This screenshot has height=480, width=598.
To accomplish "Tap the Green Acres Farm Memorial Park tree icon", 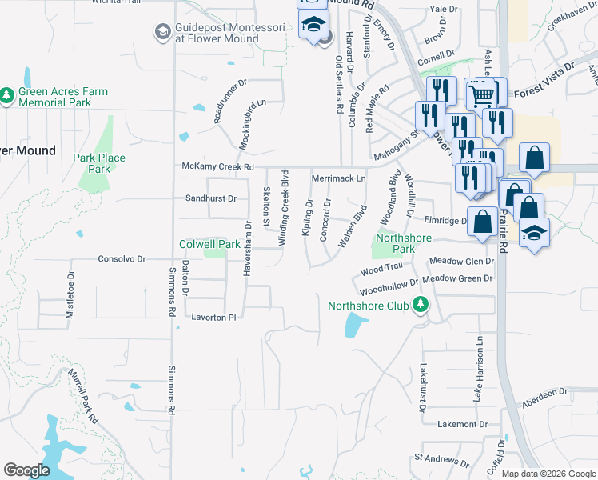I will [x=7, y=96].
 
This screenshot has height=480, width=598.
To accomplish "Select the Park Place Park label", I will [x=99, y=163].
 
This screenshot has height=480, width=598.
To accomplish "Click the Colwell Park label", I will [x=210, y=244].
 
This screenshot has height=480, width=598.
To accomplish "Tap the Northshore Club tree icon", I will [x=419, y=304].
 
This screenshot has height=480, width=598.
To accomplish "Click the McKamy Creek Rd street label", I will [x=217, y=167].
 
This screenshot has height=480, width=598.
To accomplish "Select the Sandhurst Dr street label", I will [x=211, y=198].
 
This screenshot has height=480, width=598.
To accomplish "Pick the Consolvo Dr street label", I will [x=122, y=259].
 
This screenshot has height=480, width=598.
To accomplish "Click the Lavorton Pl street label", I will [x=214, y=317].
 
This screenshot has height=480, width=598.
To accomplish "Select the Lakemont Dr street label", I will [x=461, y=423].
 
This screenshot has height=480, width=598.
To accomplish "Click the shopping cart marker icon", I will [x=481, y=95].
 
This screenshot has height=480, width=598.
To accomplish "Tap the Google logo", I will [x=26, y=470].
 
